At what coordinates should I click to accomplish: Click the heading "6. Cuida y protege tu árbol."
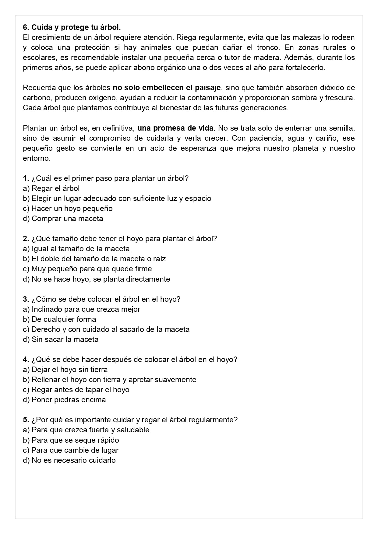[x=72, y=27]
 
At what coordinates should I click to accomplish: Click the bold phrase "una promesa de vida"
[x=175, y=128]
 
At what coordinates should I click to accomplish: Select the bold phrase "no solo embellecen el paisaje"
[x=167, y=88]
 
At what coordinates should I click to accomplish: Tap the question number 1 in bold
[x=26, y=178]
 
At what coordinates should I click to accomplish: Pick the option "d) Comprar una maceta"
[x=63, y=219]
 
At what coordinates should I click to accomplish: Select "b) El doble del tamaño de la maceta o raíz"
[x=94, y=259]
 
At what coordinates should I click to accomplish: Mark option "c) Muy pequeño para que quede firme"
[x=87, y=269]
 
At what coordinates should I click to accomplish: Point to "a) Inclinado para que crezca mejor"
[x=81, y=309]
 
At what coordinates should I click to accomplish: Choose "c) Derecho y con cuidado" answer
[x=106, y=329]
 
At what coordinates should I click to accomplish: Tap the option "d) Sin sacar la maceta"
[x=61, y=339]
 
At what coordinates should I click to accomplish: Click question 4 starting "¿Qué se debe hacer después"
[x=130, y=360]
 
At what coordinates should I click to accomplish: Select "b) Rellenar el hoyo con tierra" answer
[x=109, y=380]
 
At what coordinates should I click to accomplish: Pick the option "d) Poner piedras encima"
[x=64, y=400]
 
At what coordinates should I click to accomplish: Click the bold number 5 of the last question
[x=26, y=420]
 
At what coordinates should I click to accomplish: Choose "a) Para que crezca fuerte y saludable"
[x=86, y=430]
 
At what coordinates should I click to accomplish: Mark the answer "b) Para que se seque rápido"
[x=71, y=440]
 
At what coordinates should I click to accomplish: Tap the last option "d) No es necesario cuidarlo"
[x=69, y=460]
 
